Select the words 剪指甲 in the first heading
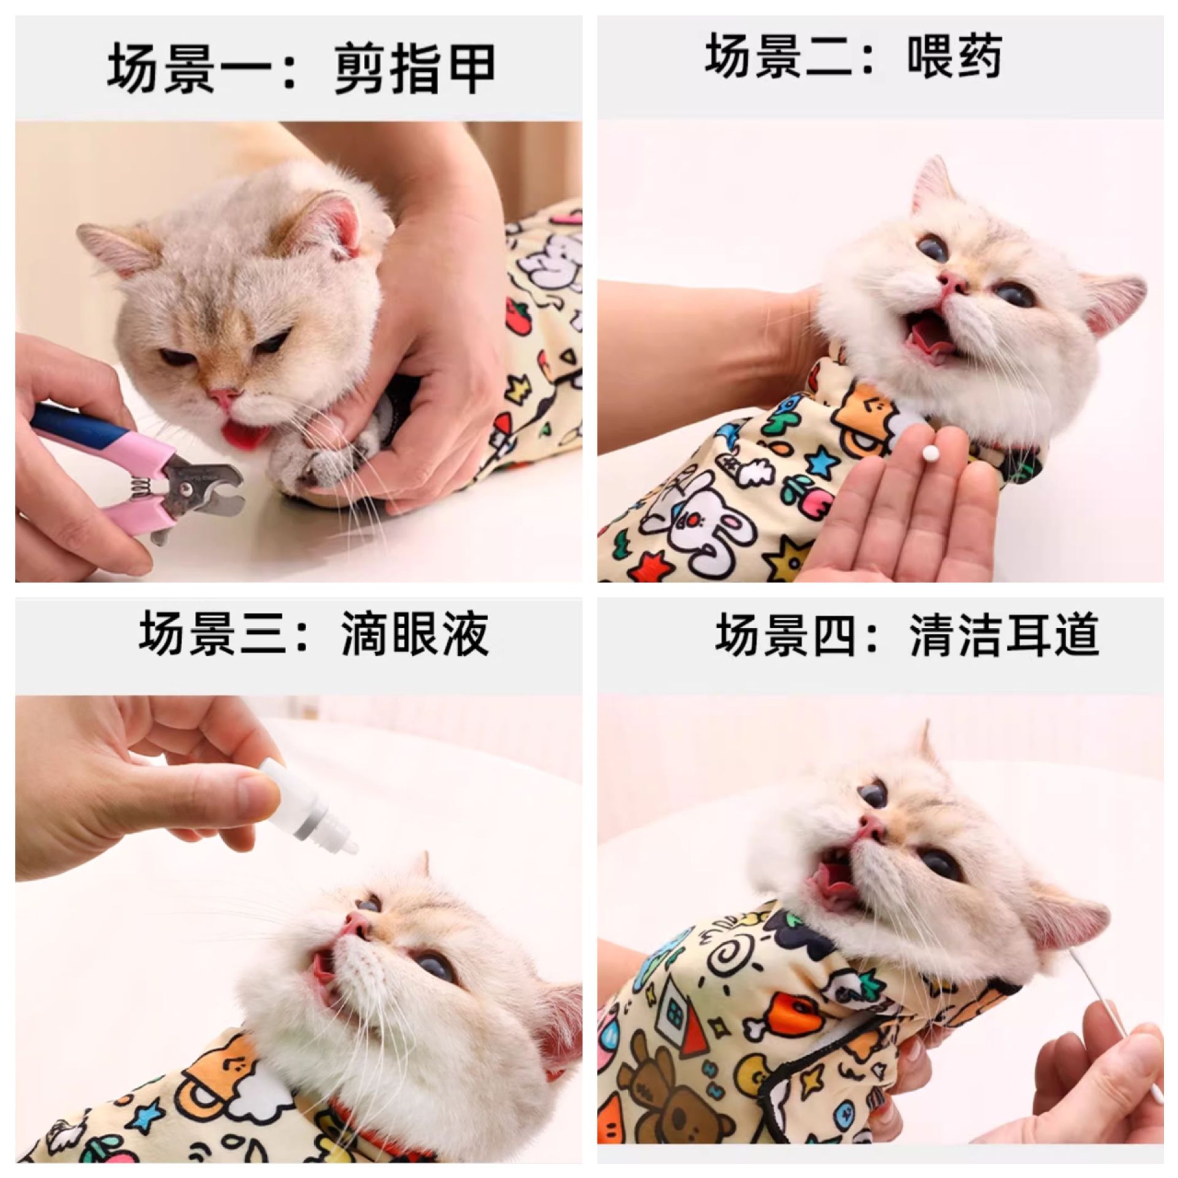coord(415,69)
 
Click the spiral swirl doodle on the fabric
coord(731,958)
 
